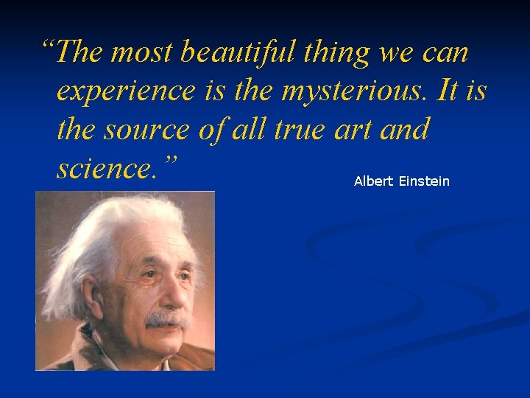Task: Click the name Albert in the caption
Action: [x=373, y=181]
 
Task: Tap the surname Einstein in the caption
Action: [x=424, y=181]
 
